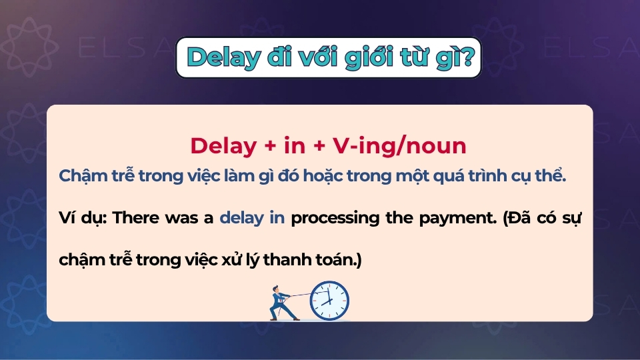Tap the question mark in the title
469,58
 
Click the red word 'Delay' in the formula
221,146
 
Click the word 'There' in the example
138,219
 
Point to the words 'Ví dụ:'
83,219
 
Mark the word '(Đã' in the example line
507,219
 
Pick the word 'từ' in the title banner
415,58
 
